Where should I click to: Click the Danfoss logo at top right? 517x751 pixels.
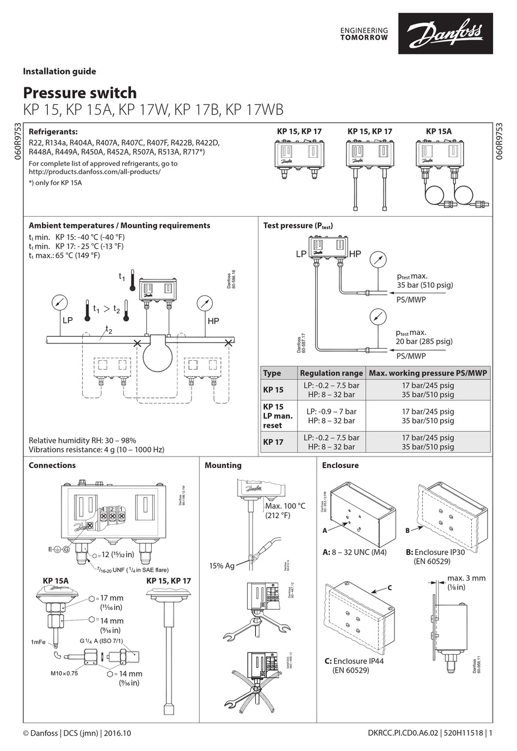pyautogui.click(x=445, y=34)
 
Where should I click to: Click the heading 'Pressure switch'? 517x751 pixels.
pyautogui.click(x=79, y=93)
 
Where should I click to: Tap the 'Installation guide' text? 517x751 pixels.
pyautogui.click(x=59, y=71)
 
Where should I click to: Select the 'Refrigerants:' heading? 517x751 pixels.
pyautogui.click(x=53, y=132)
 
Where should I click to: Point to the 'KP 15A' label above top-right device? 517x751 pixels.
pyautogui.click(x=438, y=131)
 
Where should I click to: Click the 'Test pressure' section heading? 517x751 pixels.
pyautogui.click(x=298, y=225)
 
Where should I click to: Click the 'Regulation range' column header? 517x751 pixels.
pyautogui.click(x=331, y=373)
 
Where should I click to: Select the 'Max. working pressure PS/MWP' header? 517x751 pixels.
pyautogui.click(x=428, y=373)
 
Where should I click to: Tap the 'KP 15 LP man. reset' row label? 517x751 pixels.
pyautogui.click(x=278, y=416)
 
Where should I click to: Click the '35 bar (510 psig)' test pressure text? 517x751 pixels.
pyautogui.click(x=424, y=285)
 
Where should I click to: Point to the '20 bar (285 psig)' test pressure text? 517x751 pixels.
pyautogui.click(x=424, y=341)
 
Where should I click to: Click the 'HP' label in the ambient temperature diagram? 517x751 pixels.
pyautogui.click(x=213, y=321)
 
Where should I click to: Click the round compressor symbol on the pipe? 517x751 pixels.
pyautogui.click(x=158, y=355)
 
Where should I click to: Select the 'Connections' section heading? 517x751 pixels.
pyautogui.click(x=52, y=465)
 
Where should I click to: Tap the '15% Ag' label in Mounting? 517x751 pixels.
pyautogui.click(x=221, y=565)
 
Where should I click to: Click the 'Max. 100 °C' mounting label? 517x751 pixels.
pyautogui.click(x=285, y=506)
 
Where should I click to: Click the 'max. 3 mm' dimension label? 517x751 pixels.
pyautogui.click(x=466, y=578)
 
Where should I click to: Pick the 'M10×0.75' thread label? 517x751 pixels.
pyautogui.click(x=64, y=673)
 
